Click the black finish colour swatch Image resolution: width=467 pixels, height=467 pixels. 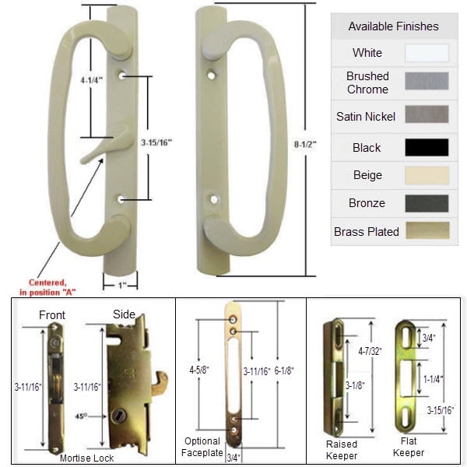pos(427,147)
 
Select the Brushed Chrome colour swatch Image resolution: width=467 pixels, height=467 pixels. pos(427,83)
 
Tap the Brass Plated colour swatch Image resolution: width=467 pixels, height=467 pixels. pos(427,231)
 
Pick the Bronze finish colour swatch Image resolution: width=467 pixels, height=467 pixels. pos(427,203)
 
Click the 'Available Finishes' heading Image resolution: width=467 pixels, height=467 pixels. pos(393,26)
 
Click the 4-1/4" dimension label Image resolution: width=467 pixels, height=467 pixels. pos(92,79)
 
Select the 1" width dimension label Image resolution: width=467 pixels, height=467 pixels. pos(121,285)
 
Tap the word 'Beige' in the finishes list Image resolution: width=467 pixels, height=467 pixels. pos(367,175)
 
